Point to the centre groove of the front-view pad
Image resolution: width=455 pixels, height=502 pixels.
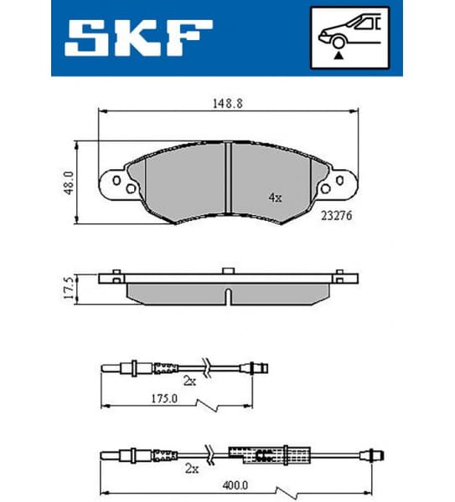pyautogui.click(x=228, y=178)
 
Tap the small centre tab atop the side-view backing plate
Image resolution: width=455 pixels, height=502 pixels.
pyautogui.click(x=228, y=270)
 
